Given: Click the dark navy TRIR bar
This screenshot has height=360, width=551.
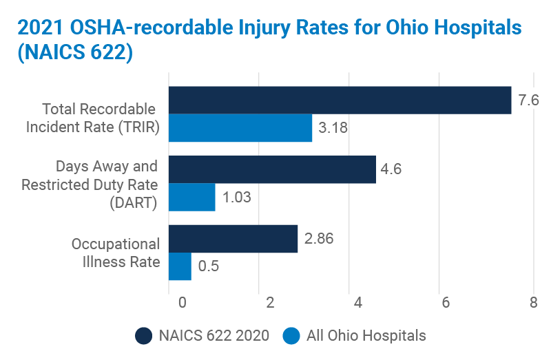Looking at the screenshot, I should click(x=340, y=100).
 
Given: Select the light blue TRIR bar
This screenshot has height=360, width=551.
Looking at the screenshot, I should click(x=240, y=128).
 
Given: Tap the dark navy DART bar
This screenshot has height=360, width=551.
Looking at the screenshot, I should click(x=273, y=169).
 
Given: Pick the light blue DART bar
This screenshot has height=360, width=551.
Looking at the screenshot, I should click(x=192, y=197).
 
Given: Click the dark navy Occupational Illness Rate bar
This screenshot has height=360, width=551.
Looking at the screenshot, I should click(x=233, y=239).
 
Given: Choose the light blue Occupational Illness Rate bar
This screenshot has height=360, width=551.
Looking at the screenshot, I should click(x=180, y=266).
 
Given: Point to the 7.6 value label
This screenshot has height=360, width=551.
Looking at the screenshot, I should click(x=528, y=100).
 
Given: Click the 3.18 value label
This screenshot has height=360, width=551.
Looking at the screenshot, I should click(x=333, y=128).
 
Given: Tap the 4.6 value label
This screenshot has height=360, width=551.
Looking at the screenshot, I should click(x=393, y=169).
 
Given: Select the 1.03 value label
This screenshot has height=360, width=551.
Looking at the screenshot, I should click(x=236, y=198).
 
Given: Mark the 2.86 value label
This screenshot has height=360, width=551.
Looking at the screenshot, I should click(x=319, y=239).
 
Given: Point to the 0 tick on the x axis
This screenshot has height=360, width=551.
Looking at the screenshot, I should click(x=182, y=303).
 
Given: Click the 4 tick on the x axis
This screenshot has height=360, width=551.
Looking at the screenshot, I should click(x=357, y=303).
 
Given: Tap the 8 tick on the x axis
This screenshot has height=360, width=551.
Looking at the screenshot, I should click(x=533, y=303).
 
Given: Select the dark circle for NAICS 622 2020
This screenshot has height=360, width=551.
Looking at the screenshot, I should click(x=144, y=336).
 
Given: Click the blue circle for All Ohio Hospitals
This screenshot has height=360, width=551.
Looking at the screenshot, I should click(x=292, y=336).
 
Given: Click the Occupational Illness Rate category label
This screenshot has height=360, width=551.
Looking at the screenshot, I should click(x=116, y=253).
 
